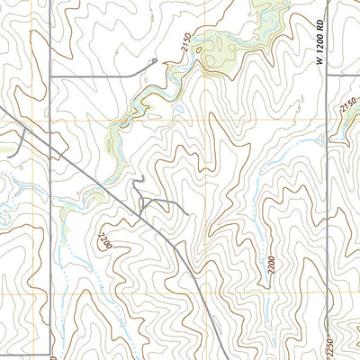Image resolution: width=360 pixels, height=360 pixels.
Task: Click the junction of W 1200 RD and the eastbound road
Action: click(328, 76)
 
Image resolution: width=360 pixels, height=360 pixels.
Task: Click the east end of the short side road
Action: click(187, 214)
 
